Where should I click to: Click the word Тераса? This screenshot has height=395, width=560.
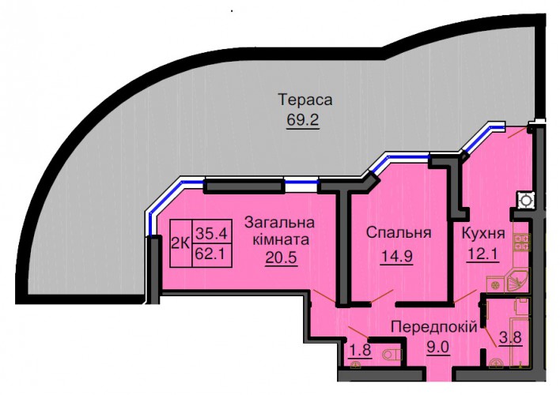305,100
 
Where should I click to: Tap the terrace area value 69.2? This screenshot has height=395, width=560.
303,120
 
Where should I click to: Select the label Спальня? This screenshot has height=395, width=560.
399,233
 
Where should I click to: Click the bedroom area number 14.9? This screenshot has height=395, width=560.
397,256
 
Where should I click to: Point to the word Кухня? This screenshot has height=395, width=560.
483,234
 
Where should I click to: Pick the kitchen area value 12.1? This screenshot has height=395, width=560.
482,254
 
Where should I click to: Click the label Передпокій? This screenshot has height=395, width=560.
434,326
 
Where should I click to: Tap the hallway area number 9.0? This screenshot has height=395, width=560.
439,347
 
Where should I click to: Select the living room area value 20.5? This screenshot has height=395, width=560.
281,257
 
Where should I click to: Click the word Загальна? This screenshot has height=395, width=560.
280,223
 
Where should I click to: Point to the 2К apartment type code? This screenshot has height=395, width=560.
180,243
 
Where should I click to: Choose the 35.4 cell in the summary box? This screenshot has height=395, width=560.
212,234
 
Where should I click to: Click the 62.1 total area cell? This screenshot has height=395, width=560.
212,254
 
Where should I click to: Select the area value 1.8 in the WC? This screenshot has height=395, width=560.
361,350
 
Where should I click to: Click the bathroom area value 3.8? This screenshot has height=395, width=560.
511,337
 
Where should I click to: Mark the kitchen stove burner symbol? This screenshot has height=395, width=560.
522,242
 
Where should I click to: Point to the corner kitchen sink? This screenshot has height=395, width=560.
516,280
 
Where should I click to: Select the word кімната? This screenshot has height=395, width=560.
281,239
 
